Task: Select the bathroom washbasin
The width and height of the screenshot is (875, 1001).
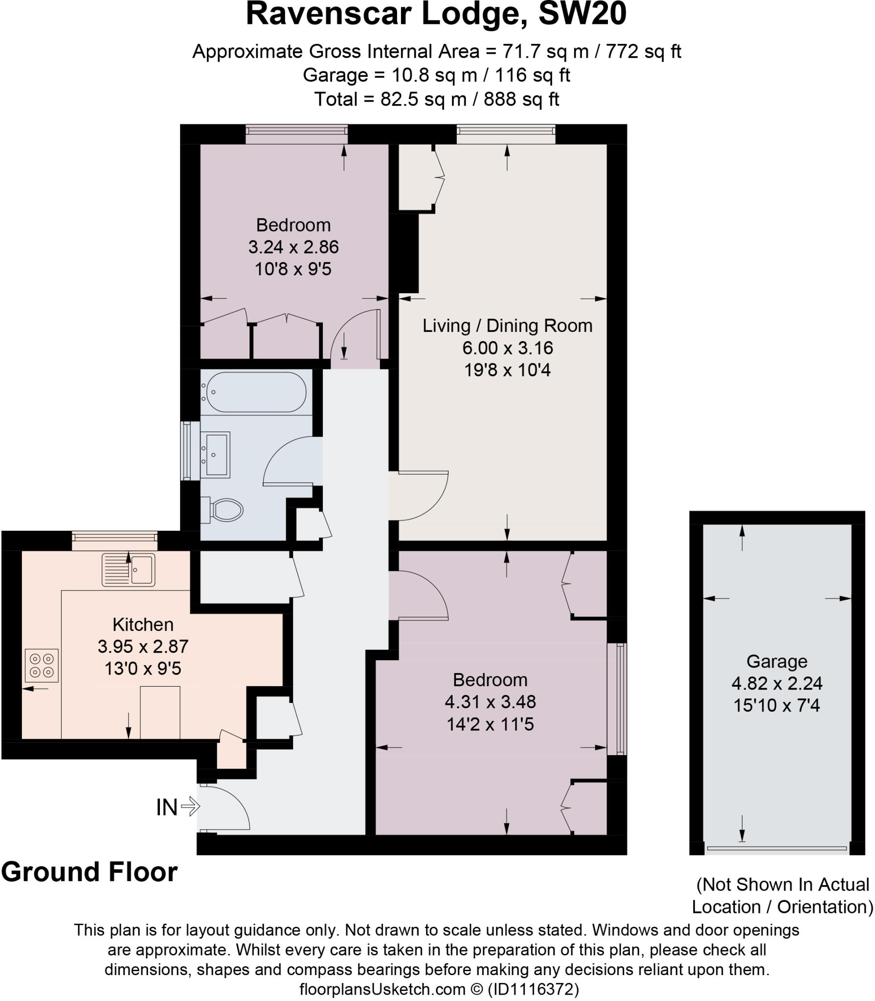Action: coord(216,455)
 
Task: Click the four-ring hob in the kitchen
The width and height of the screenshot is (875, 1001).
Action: coord(42,666)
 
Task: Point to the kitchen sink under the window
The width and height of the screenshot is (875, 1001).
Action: coord(129,570)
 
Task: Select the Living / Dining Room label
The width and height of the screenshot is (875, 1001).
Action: coord(507,326)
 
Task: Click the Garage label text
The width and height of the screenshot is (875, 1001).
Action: coord(776,661)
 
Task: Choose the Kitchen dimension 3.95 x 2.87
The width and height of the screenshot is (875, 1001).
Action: coord(143,646)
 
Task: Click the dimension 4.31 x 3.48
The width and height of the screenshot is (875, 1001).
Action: coord(490,702)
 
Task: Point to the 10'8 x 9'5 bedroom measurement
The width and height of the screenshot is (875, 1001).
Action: coord(293,269)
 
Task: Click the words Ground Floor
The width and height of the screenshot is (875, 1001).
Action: coord(89,871)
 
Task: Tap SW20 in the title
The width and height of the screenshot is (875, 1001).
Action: coord(582,15)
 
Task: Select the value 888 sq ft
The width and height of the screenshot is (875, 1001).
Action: coord(521,99)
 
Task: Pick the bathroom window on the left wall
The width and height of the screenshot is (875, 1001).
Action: coord(186,451)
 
